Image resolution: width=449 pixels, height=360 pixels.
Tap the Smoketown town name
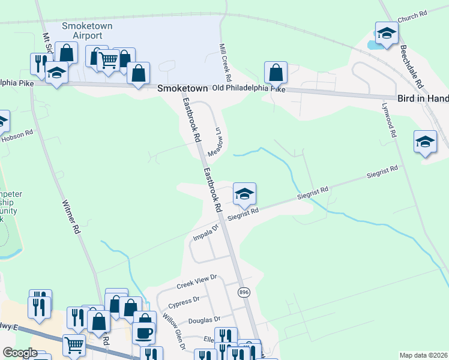(x=182, y=88)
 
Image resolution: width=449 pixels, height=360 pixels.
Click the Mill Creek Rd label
(x=225, y=62)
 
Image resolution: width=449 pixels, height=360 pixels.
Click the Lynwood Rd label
(x=389, y=121)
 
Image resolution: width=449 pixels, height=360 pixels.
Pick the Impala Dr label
(x=205, y=233)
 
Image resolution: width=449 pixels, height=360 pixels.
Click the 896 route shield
(x=243, y=292)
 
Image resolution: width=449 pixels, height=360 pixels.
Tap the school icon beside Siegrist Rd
(x=244, y=194)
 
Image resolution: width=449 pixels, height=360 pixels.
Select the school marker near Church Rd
(x=387, y=33)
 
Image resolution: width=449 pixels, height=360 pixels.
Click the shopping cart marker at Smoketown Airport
(x=108, y=60)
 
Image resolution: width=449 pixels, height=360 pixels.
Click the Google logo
(x=20, y=353)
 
